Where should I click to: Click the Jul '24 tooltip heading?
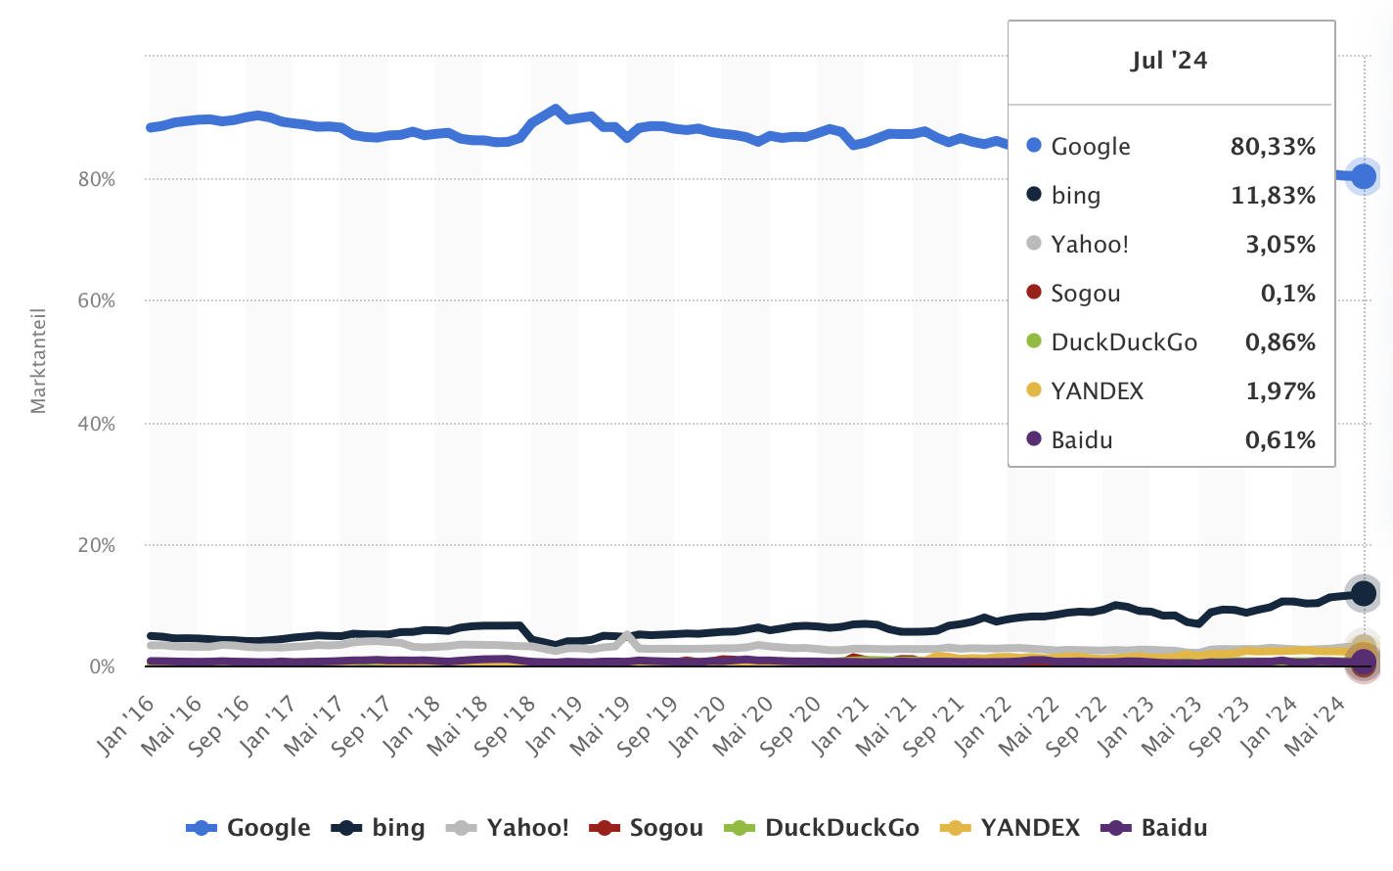point(1169,61)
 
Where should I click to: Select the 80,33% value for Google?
point(1272,147)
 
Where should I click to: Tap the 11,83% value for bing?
point(1272,196)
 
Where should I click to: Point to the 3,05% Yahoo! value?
point(1280,245)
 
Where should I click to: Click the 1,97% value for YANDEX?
point(1280,391)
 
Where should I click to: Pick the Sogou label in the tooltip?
point(1085,294)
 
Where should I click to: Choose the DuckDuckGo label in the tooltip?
point(1123,343)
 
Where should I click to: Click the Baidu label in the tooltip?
point(1081,440)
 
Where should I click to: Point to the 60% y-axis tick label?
point(97,301)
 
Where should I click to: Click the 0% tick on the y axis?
point(102,667)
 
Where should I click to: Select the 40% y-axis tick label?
point(97,424)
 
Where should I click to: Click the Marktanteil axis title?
point(38,361)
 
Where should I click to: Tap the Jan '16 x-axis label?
point(126,726)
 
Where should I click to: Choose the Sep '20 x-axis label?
point(792,726)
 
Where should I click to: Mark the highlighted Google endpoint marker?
point(1363,177)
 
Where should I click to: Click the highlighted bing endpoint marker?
point(1363,593)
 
